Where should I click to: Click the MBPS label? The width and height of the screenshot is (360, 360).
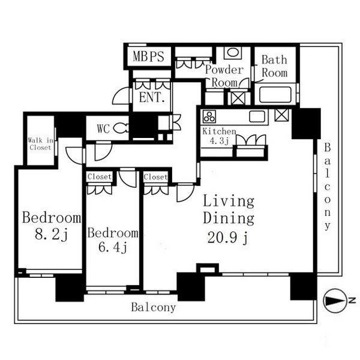[149, 56]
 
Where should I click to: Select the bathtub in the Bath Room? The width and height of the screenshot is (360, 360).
[275, 95]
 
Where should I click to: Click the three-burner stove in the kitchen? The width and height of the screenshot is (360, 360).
[209, 116]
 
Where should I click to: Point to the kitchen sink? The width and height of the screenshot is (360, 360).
[257, 116]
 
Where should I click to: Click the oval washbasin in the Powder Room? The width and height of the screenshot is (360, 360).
[233, 52]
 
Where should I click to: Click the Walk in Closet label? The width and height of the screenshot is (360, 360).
[40, 144]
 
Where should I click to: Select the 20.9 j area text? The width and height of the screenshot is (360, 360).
[228, 238]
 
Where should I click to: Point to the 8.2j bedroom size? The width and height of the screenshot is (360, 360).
[52, 235]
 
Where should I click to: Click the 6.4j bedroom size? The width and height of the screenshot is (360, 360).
[113, 247]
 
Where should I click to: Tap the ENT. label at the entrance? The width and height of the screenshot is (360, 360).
[152, 98]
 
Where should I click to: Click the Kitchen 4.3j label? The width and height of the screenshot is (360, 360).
[219, 136]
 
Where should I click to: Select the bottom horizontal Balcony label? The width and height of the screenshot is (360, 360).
[154, 307]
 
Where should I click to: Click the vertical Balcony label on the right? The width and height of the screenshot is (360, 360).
[328, 187]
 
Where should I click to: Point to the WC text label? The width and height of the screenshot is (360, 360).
[103, 129]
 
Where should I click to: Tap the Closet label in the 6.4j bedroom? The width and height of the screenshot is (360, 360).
[100, 176]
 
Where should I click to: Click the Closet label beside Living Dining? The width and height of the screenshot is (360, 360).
[155, 177]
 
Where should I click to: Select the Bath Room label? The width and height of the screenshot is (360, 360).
[275, 67]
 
